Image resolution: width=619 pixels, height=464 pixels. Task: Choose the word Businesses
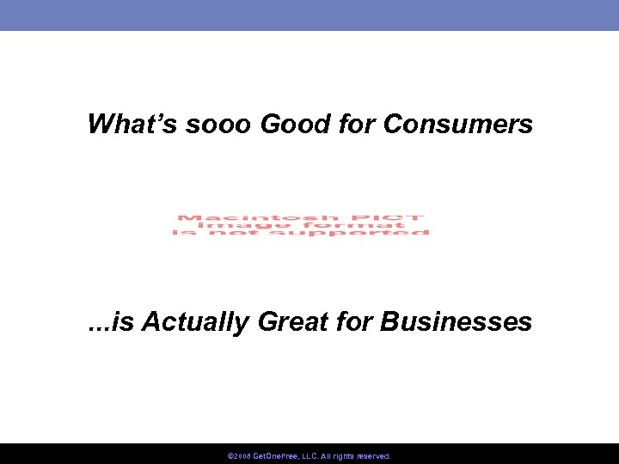click(456, 322)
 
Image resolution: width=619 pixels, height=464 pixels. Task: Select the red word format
click(349, 225)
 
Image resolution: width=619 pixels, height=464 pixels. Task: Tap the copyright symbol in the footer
click(230, 456)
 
